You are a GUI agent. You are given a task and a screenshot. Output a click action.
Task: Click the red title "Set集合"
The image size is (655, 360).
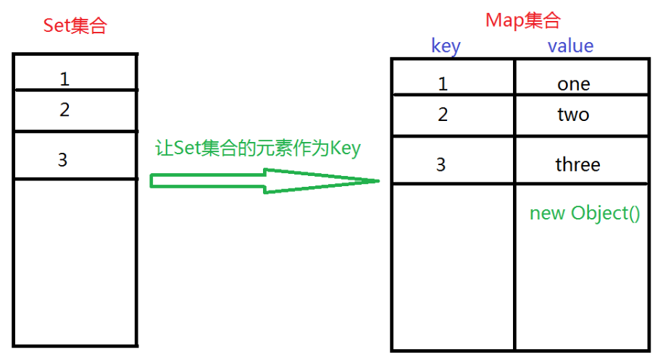point(75,26)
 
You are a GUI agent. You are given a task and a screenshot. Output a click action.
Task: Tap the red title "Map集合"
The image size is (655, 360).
point(522,20)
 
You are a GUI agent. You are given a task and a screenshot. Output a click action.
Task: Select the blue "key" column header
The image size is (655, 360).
point(446,46)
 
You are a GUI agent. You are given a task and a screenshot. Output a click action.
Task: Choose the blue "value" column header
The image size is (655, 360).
point(570,46)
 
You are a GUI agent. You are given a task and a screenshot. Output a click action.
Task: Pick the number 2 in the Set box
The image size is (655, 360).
point(65,110)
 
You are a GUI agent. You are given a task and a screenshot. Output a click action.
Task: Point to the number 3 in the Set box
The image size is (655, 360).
point(63,159)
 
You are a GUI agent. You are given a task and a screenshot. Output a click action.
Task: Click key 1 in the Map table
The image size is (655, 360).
point(443,84)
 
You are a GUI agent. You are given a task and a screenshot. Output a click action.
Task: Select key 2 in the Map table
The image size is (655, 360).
point(443,114)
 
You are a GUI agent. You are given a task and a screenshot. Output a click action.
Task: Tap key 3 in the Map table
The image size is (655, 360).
point(441,164)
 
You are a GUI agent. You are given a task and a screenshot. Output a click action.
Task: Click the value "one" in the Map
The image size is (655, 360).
point(574,84)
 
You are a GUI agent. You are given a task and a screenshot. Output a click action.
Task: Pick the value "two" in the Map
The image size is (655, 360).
point(573,114)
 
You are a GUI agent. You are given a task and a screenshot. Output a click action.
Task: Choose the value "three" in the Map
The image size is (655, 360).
point(577,164)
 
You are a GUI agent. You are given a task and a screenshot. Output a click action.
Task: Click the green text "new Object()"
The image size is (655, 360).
point(585,214)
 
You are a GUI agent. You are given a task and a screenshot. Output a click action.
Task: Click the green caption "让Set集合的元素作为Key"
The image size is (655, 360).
point(258,148)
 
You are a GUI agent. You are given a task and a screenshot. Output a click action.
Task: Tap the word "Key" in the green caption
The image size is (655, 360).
point(345,148)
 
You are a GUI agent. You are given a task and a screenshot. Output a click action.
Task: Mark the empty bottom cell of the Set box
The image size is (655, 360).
point(75,261)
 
